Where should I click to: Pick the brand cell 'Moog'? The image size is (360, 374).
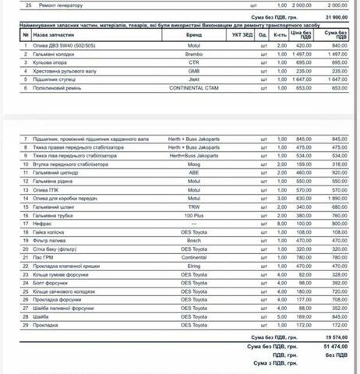(194, 165)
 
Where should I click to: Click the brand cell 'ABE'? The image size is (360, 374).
(194, 173)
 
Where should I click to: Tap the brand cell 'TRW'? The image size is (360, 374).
(194, 206)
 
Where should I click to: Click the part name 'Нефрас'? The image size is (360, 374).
(42, 223)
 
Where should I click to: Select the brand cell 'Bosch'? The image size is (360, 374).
(194, 240)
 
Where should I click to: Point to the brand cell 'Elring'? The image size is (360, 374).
(194, 265)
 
